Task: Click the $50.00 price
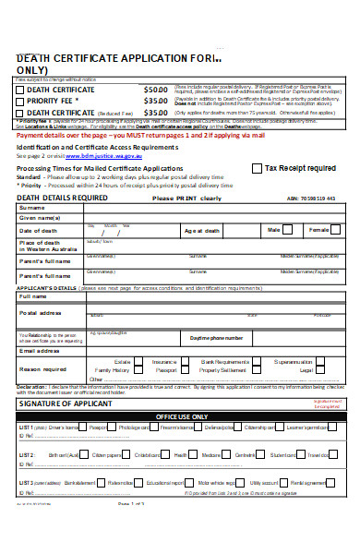click(x=156, y=88)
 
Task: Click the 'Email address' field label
click(x=40, y=351)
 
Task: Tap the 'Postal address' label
click(x=40, y=313)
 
